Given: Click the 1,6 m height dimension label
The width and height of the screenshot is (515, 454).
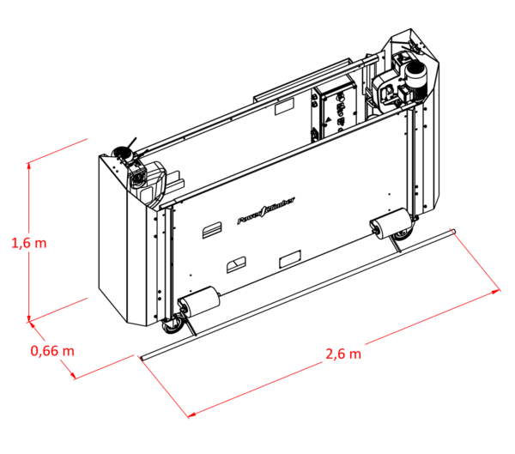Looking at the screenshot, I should [x=29, y=243].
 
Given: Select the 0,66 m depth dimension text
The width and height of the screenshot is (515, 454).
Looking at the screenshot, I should [x=52, y=350].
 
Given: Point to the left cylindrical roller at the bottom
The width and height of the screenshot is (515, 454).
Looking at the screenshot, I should [x=198, y=304].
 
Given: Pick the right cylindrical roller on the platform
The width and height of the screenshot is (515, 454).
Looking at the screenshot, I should [x=390, y=225].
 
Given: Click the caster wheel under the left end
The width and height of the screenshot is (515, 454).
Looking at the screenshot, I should [x=173, y=324].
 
